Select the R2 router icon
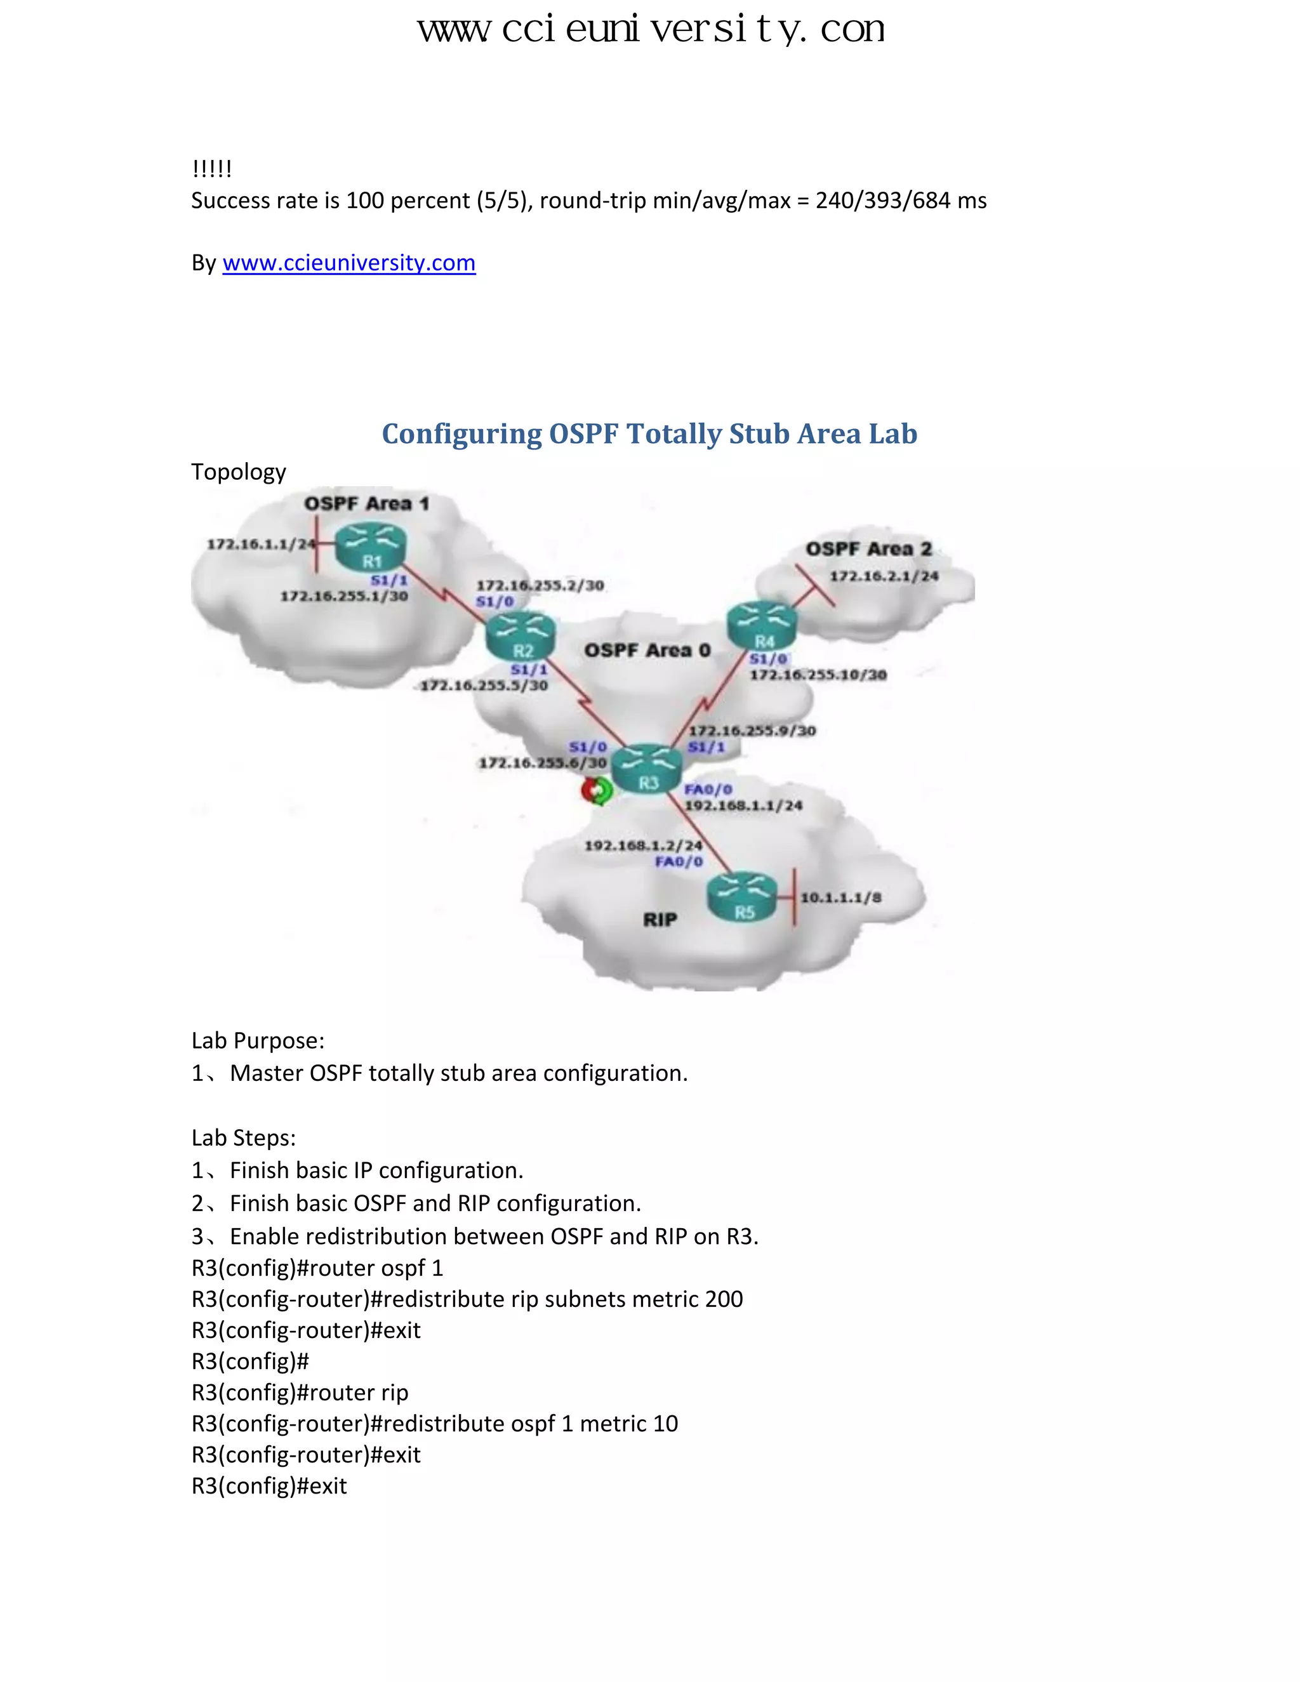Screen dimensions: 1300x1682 point(521,636)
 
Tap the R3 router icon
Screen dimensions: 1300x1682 point(649,769)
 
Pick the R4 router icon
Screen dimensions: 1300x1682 point(762,627)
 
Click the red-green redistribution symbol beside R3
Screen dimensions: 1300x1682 point(597,791)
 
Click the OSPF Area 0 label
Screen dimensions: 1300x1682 point(647,651)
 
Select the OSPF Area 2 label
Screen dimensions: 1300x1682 point(869,549)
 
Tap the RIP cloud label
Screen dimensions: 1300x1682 point(660,920)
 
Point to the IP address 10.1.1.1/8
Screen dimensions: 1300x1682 point(841,898)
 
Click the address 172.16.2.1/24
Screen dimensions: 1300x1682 point(884,576)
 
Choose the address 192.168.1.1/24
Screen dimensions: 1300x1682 point(744,805)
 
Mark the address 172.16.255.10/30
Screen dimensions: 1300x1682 point(818,675)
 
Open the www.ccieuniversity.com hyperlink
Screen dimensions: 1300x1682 point(349,263)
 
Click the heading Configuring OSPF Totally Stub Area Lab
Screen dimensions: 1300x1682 point(649,434)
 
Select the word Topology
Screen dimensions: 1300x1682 point(239,472)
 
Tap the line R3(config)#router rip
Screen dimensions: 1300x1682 point(300,1393)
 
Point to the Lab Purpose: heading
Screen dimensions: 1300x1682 point(258,1040)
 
